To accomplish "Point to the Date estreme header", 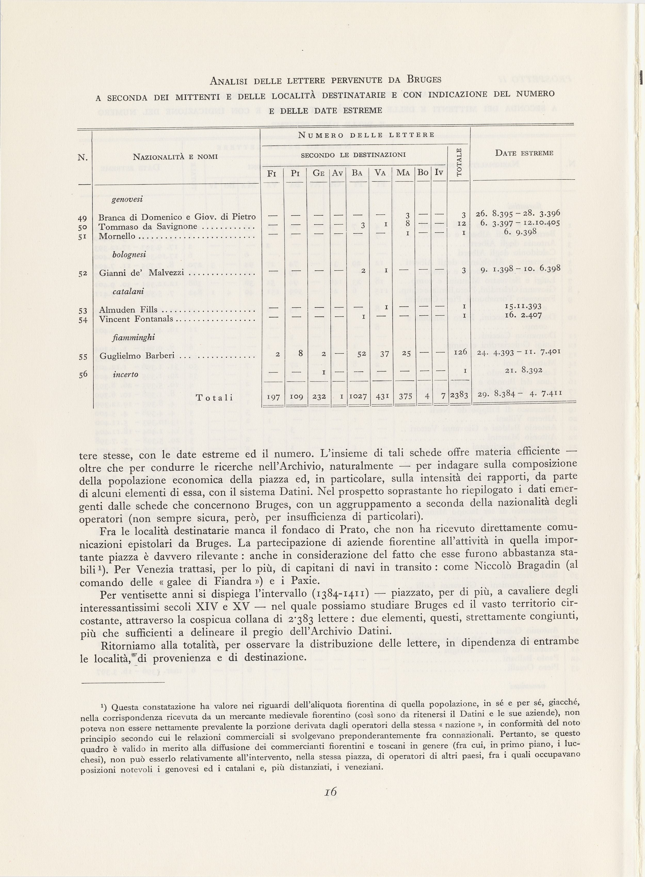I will coord(523,153).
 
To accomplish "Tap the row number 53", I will coord(83,311).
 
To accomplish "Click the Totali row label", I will coord(214,398).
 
